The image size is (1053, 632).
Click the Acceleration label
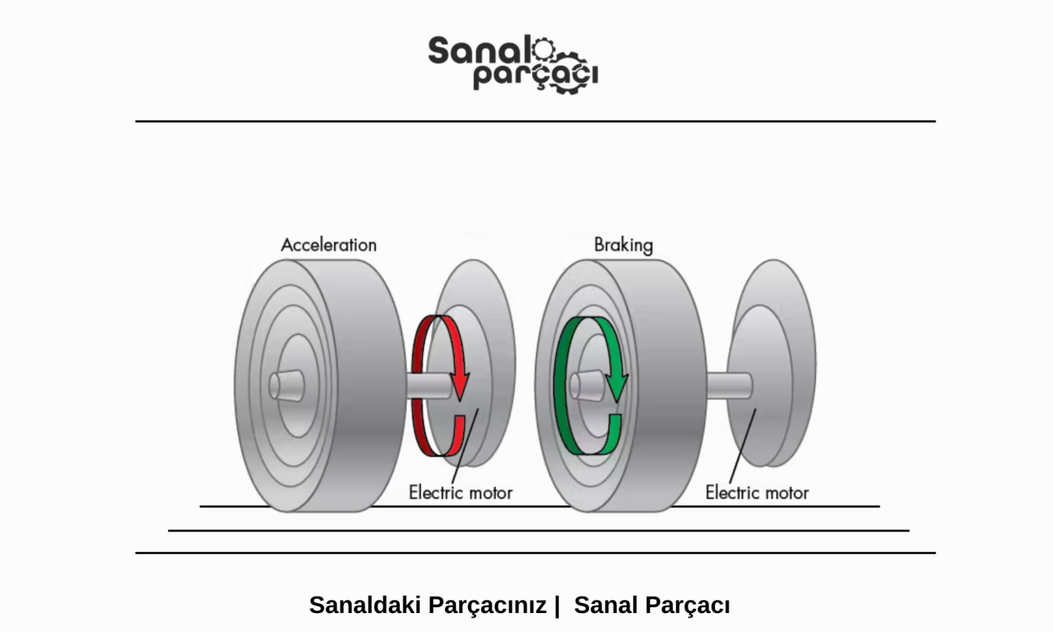click(328, 244)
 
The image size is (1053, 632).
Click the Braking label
click(623, 244)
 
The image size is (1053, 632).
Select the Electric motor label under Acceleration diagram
click(460, 493)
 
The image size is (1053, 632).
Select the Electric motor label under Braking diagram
click(757, 493)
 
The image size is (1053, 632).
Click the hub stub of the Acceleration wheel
click(286, 384)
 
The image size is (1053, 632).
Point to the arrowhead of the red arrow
click(461, 385)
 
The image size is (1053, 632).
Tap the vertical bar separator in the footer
click(557, 605)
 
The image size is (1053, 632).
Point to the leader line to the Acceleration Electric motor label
click(464, 444)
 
